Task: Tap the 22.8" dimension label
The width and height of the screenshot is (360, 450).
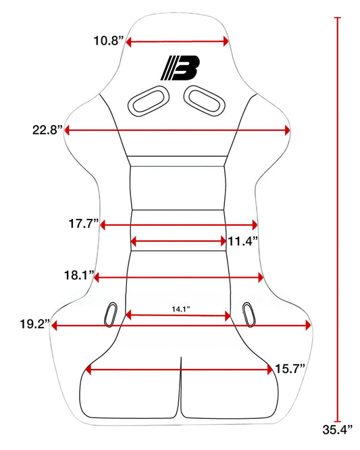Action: tap(47, 130)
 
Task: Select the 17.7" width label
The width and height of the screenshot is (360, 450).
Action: tap(84, 223)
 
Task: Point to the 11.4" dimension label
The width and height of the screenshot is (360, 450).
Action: tap(243, 241)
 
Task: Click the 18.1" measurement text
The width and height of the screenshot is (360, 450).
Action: tap(79, 275)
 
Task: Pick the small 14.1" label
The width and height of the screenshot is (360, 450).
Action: tap(181, 309)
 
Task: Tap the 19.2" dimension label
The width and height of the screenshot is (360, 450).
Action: tap(35, 324)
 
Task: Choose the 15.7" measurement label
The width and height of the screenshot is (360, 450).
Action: tap(290, 368)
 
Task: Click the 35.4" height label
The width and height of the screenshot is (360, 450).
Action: tap(337, 430)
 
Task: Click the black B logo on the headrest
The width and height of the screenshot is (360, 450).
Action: tap(180, 68)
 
